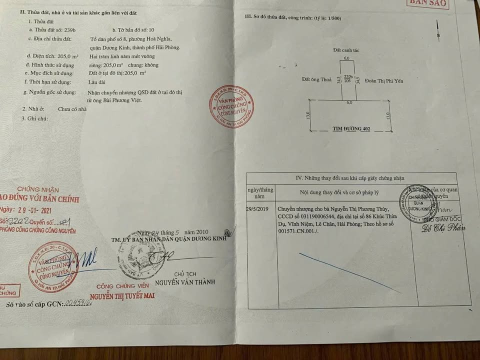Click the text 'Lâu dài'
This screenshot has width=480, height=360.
coord(98,81)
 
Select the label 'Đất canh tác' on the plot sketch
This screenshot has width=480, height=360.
coord(346,50)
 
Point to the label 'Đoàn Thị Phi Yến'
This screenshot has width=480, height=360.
coord(384,79)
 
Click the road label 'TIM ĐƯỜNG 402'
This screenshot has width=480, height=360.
coord(351,129)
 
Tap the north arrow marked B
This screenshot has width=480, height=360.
coord(438,35)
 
